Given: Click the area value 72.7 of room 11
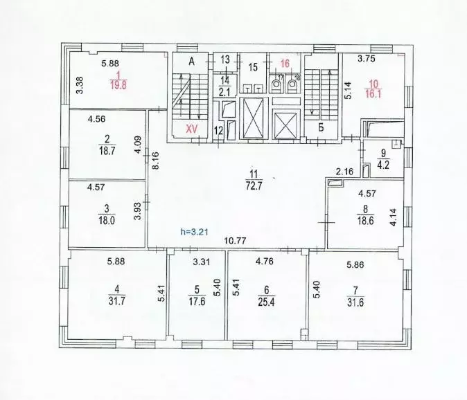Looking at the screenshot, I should pyautogui.click(x=253, y=186).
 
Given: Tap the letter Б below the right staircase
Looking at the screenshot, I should pyautogui.click(x=321, y=128).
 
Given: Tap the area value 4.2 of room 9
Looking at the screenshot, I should pyautogui.click(x=384, y=165).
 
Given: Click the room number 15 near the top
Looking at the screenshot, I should pyautogui.click(x=253, y=67).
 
